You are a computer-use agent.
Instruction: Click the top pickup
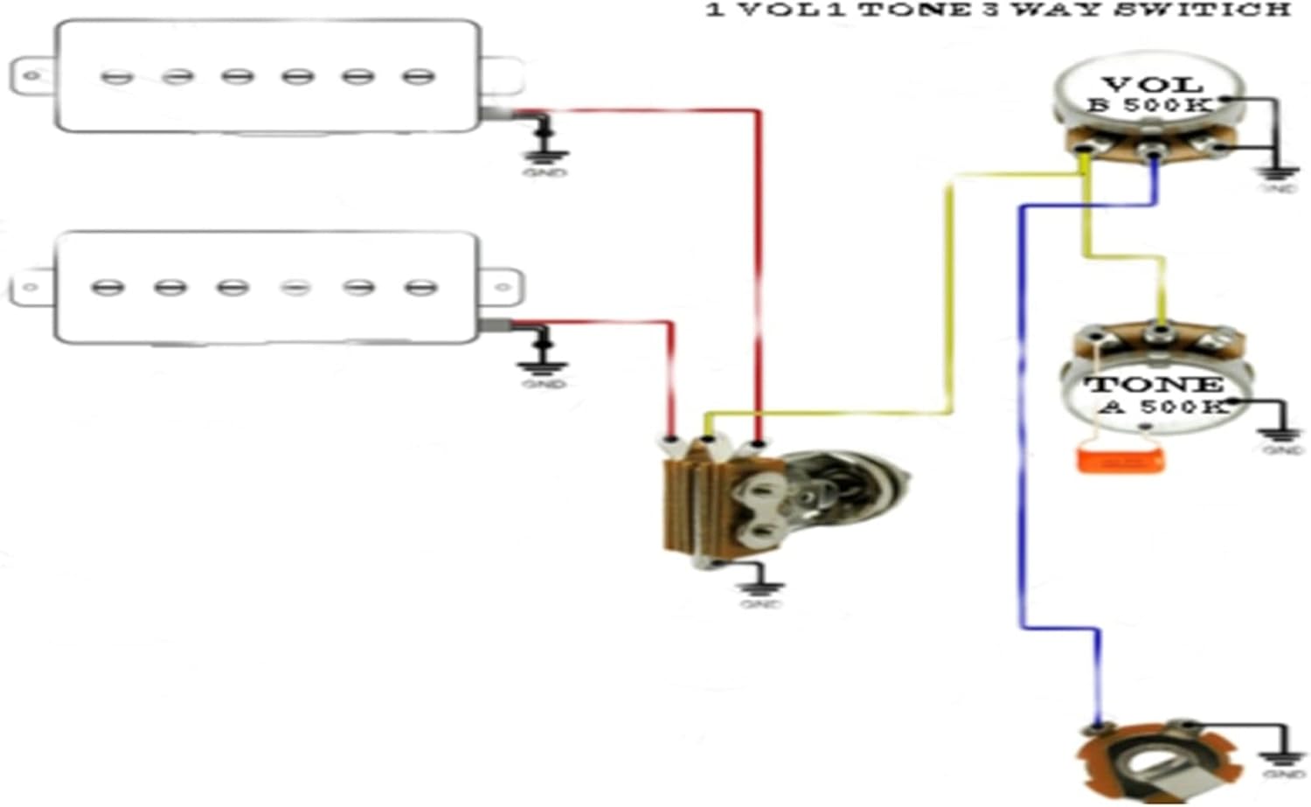tap(267, 77)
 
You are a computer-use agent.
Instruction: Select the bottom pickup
tap(267, 287)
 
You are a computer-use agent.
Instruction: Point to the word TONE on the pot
tap(1154, 385)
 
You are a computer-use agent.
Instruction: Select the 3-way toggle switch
tap(769, 503)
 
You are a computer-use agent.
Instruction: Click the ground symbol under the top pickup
tap(545, 157)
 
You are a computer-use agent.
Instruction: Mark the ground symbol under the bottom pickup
tap(544, 367)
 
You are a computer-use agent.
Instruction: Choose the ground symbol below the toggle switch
tap(760, 588)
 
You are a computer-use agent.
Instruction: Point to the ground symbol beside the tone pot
tap(1281, 435)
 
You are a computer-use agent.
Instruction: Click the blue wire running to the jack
tap(1022, 437)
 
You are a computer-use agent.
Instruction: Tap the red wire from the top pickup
tap(759, 262)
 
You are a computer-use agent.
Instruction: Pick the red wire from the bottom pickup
tap(671, 376)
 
